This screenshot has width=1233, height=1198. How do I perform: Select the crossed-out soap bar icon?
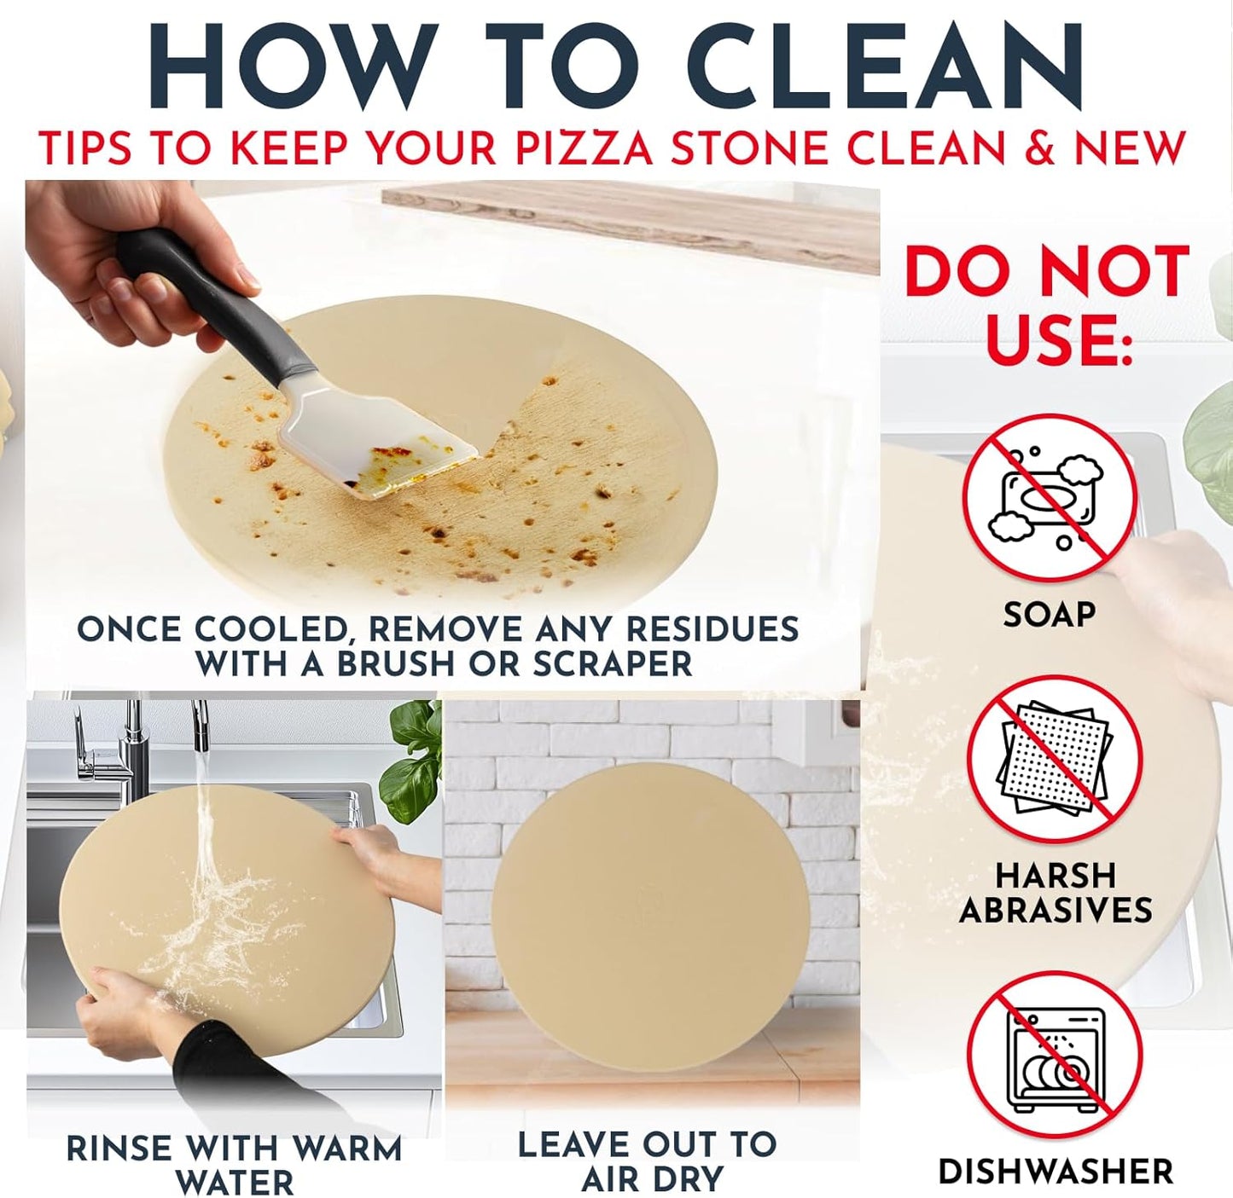click(1050, 500)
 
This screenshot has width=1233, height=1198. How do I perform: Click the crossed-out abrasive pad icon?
click(1055, 761)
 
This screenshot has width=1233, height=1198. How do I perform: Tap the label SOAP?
click(1049, 614)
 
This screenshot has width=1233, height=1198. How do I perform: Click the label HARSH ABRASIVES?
click(1056, 893)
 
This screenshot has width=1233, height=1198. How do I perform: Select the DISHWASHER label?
click(1056, 1172)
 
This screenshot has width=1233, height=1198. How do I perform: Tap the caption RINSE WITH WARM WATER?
click(234, 1165)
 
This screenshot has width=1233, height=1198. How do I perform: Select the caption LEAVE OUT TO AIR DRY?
click(647, 1160)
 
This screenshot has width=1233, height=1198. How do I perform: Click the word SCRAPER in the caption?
click(612, 664)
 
